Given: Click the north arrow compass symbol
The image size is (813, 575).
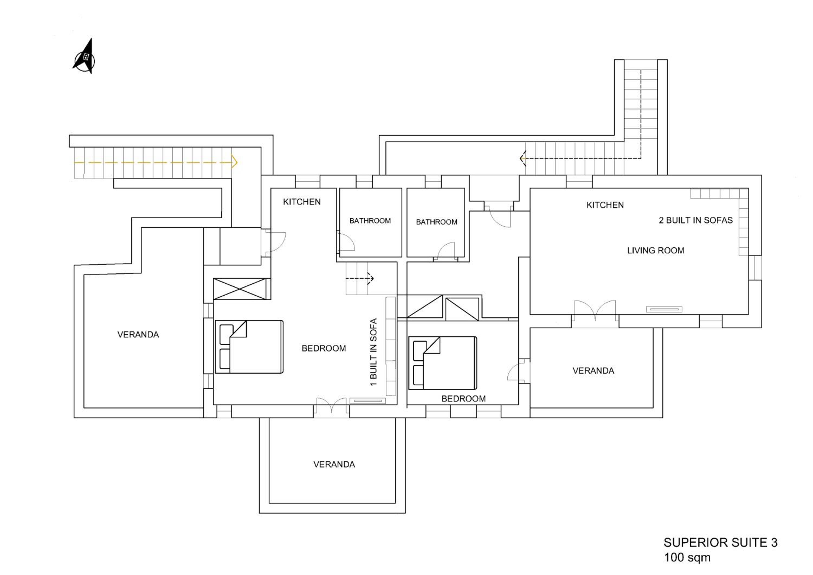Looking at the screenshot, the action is pyautogui.click(x=85, y=57).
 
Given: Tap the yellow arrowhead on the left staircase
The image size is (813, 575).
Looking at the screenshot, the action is pyautogui.click(x=234, y=162).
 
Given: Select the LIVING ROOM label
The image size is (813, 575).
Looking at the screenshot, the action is pyautogui.click(x=656, y=250).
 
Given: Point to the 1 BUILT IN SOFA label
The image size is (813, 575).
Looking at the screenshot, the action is pyautogui.click(x=373, y=352).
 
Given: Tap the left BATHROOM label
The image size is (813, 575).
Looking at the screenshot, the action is pyautogui.click(x=370, y=221).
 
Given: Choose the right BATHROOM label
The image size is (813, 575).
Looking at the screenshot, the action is pyautogui.click(x=437, y=222).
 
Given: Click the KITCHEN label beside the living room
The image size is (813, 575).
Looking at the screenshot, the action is pyautogui.click(x=605, y=205).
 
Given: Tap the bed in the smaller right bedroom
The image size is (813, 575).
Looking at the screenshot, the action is pyautogui.click(x=443, y=363).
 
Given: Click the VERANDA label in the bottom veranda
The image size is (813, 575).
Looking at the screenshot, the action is pyautogui.click(x=334, y=464).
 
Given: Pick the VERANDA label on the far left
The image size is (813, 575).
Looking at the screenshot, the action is pyautogui.click(x=138, y=334).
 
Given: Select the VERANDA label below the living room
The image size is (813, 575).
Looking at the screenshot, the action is pyautogui.click(x=593, y=370).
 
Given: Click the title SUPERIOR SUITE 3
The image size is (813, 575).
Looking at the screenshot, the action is pyautogui.click(x=721, y=542).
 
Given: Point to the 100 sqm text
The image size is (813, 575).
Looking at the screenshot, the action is pyautogui.click(x=687, y=557).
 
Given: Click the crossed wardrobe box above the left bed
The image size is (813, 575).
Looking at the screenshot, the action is pyautogui.click(x=240, y=289).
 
